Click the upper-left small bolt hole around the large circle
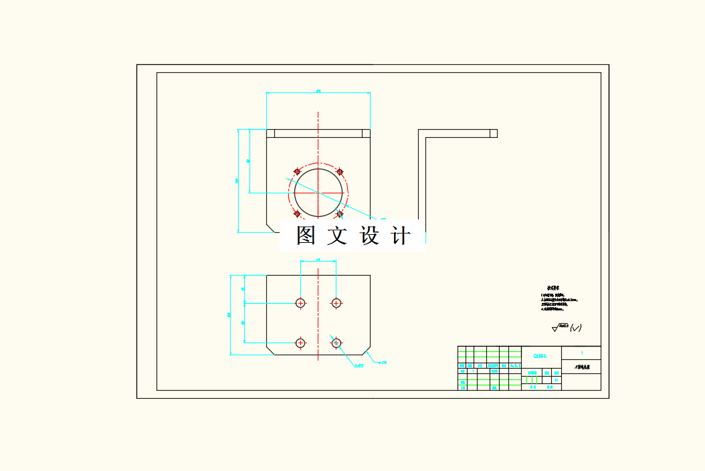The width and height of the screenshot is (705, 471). tap(297, 172)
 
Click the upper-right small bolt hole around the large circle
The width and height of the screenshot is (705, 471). tap(340, 172)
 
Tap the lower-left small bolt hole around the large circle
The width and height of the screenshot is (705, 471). tap(297, 214)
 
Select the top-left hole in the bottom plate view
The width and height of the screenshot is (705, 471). tap(300, 303)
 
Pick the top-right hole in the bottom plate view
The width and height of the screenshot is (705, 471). tap(336, 303)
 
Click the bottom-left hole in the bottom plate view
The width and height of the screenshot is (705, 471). tap(300, 343)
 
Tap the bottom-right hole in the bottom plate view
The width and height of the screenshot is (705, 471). tap(336, 343)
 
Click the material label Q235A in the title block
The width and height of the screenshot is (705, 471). tap(540, 357)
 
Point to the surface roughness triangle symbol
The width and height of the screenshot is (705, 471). tap(556, 328)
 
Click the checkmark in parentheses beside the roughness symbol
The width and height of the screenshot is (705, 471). tap(576, 328)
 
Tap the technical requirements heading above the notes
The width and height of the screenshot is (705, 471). tap(553, 287)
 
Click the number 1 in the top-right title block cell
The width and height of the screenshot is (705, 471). tap(582, 353)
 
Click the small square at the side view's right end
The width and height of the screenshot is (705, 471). tap(493, 133)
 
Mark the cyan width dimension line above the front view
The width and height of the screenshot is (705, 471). tap(318, 93)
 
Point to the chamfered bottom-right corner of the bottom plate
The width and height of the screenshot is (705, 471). tap(367, 351)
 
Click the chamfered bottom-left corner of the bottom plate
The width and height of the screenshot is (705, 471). tap(270, 351)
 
